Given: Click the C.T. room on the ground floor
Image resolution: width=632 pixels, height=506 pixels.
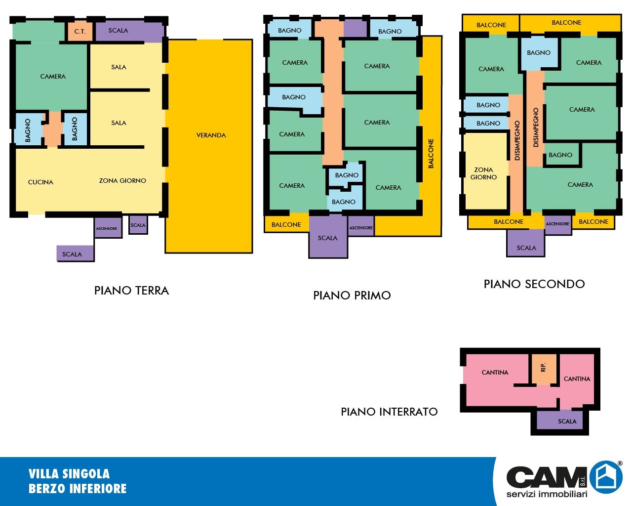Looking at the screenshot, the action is (x=80, y=32).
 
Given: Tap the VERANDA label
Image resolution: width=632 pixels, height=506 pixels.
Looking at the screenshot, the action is (x=211, y=135).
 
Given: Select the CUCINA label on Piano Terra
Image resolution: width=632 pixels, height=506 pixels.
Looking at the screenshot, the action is (x=40, y=182).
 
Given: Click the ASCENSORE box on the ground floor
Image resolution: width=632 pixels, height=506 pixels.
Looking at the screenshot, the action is (x=108, y=228).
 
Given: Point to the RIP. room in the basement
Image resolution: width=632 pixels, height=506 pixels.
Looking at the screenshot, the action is (x=544, y=369).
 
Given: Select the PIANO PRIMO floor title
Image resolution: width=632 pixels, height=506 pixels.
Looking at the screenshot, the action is (x=352, y=295).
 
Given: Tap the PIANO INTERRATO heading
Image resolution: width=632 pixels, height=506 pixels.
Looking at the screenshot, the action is (x=389, y=412).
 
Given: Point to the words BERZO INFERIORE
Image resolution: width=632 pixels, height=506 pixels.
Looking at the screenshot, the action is (x=78, y=489).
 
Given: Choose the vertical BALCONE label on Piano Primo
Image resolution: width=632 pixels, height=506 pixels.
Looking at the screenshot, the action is (x=431, y=154).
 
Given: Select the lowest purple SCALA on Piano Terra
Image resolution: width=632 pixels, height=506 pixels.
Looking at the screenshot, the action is (x=75, y=253).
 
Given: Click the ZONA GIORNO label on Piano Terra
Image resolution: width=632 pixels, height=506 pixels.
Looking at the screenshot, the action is (x=122, y=180).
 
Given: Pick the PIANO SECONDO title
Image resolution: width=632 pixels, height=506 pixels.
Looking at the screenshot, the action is (x=534, y=284).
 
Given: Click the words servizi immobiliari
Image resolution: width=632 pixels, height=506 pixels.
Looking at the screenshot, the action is (x=547, y=494).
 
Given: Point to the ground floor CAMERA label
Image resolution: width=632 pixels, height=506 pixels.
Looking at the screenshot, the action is (x=53, y=77).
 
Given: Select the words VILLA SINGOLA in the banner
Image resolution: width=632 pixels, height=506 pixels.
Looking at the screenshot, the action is (x=69, y=474).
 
